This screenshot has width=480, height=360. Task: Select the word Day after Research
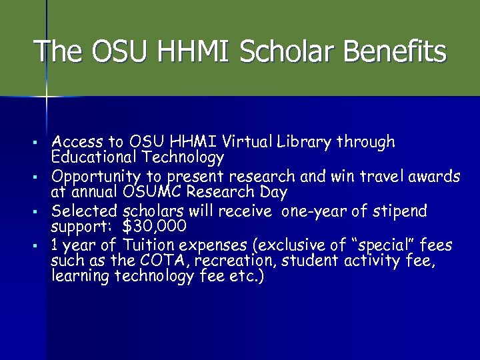(274, 193)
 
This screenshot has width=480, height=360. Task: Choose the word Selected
(85, 211)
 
